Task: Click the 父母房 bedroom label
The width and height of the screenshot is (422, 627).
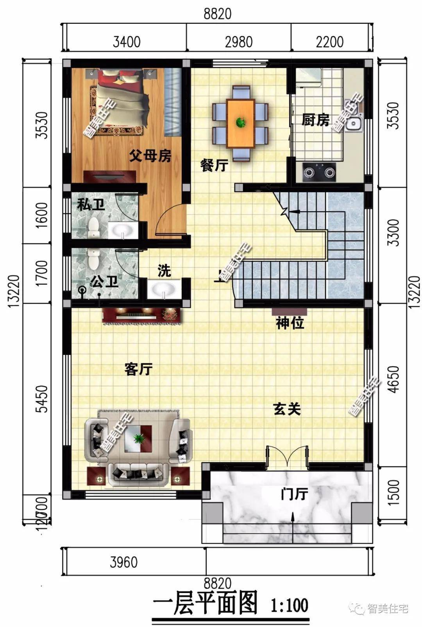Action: click(x=150, y=156)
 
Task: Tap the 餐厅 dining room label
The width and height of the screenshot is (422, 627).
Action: click(x=214, y=165)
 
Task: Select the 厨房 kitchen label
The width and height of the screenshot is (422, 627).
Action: click(x=315, y=120)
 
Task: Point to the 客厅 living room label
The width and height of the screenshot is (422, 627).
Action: click(x=138, y=369)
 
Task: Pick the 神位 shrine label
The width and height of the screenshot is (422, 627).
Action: click(x=290, y=323)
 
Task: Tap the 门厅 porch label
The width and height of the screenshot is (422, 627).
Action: click(x=294, y=494)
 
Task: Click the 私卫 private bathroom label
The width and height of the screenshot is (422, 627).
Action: click(x=91, y=204)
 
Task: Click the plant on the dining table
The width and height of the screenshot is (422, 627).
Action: click(x=241, y=122)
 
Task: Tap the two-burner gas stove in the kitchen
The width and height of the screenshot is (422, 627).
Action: click(x=319, y=172)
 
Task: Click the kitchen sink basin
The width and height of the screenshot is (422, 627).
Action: click(x=354, y=124)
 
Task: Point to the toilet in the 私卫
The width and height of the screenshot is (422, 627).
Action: click(x=93, y=228)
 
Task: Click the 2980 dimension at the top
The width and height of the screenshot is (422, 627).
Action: click(x=238, y=42)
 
